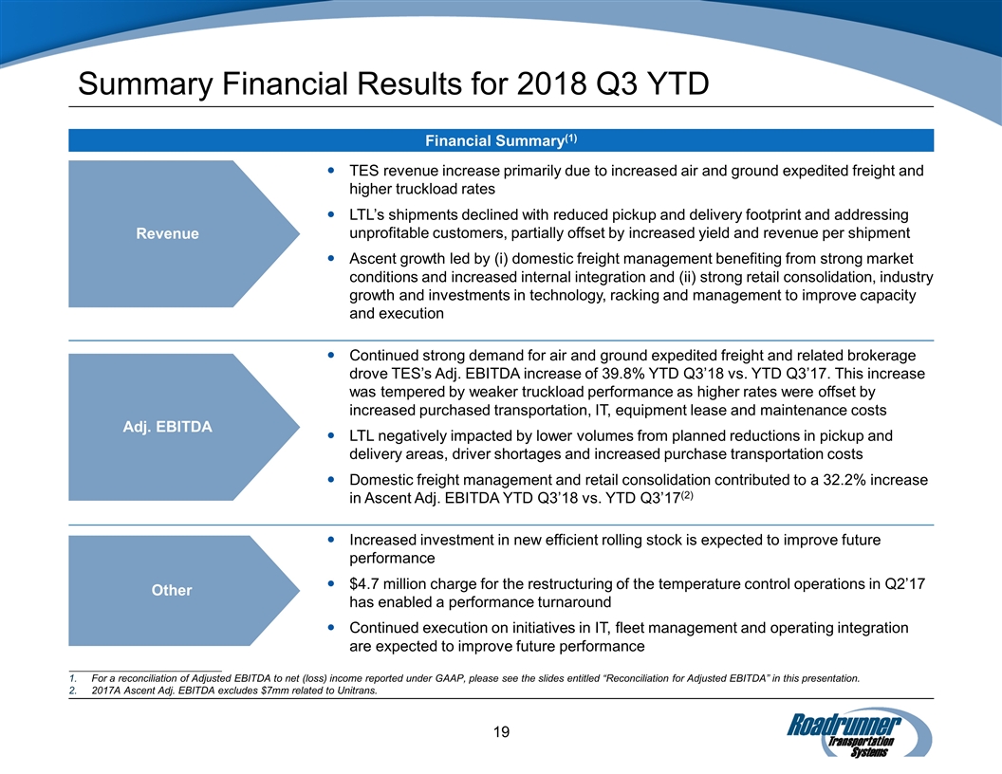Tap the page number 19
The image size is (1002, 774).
tap(502, 731)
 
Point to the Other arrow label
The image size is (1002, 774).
tap(172, 590)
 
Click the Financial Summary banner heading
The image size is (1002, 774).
tap(501, 140)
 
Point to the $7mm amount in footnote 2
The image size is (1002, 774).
tap(267, 691)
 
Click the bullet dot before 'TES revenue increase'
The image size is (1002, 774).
tap(329, 172)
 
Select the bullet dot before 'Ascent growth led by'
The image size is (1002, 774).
tap(329, 259)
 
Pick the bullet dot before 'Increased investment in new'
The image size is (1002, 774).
tap(329, 540)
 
